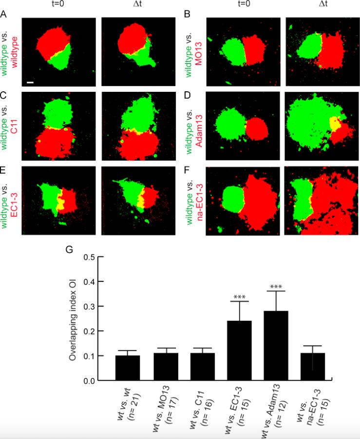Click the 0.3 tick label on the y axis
[88, 306]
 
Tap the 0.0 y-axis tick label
[88, 380]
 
